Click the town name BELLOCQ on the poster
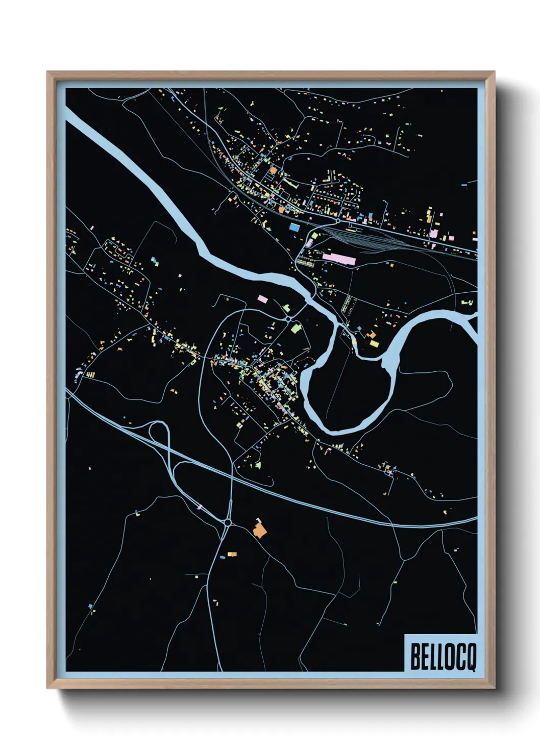point(443,657)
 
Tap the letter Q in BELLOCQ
point(470,658)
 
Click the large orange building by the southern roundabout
point(260,530)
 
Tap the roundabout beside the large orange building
point(228,522)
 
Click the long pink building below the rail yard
point(338,258)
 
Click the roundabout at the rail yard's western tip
point(337,221)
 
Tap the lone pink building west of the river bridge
point(262,298)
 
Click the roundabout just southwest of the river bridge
point(288,319)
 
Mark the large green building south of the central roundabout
point(296,328)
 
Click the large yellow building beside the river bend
point(374,344)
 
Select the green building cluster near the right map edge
point(467,303)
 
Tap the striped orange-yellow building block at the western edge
point(90,374)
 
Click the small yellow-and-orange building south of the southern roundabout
point(232,554)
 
